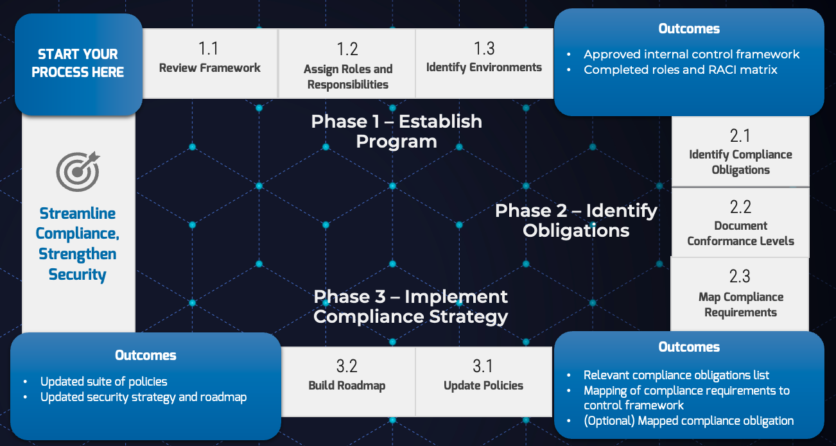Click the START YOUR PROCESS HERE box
[78, 64]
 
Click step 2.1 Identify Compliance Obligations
[740, 152]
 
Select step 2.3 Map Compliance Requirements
[740, 294]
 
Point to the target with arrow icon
[78, 171]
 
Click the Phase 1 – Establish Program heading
[396, 131]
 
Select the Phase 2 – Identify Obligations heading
[576, 220]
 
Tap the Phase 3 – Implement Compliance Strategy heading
[411, 306]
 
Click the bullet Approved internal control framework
[692, 55]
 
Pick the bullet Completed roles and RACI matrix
[680, 70]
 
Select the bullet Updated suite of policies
[103, 381]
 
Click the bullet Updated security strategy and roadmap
[143, 397]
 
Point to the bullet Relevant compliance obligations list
[676, 375]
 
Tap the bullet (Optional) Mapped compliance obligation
[688, 421]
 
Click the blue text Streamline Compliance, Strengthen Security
[78, 244]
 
